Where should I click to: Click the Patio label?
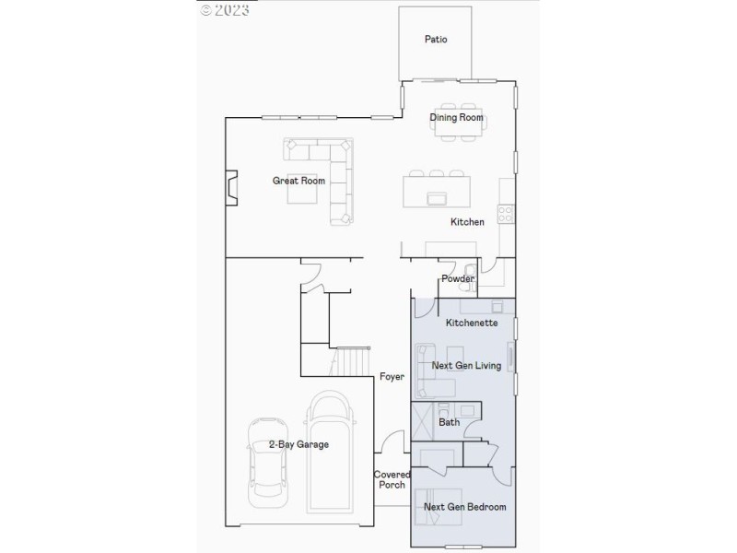pyautogui.click(x=436, y=40)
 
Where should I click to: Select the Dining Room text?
pyautogui.click(x=456, y=118)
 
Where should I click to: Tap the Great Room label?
pyautogui.click(x=298, y=181)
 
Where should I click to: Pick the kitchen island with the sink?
pyautogui.click(x=438, y=193)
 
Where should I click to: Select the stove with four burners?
pyautogui.click(x=506, y=214)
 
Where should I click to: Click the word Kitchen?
pyautogui.click(x=467, y=222)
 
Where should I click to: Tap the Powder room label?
pyautogui.click(x=458, y=278)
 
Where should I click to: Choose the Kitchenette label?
pyautogui.click(x=472, y=324)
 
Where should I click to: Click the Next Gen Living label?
pyautogui.click(x=466, y=366)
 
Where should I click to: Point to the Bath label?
pyautogui.click(x=449, y=422)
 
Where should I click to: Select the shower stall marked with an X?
pyautogui.click(x=424, y=420)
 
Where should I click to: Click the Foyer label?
pyautogui.click(x=392, y=377)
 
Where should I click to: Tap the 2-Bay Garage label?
pyautogui.click(x=298, y=444)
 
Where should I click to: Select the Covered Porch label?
pyautogui.click(x=392, y=479)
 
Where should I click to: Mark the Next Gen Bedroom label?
pyautogui.click(x=464, y=507)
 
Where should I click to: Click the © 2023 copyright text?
pyautogui.click(x=225, y=10)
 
